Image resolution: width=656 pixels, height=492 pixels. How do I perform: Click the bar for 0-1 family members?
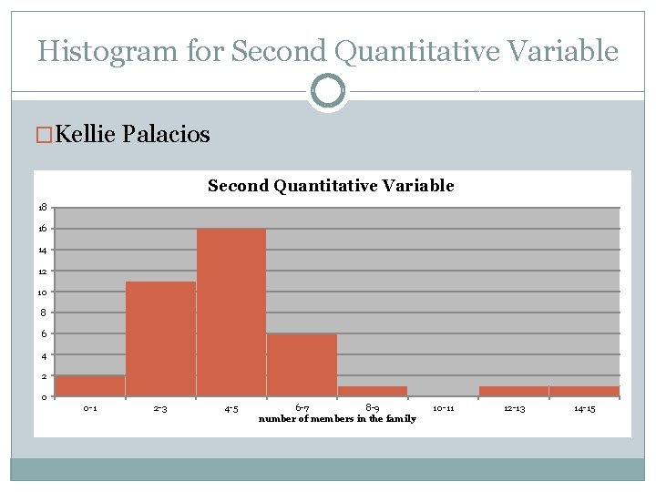(x=90, y=385)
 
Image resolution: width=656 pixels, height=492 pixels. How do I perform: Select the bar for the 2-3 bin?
(x=160, y=339)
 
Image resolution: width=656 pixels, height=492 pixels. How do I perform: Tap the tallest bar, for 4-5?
(x=231, y=312)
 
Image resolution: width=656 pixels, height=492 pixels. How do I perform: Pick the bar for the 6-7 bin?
(x=302, y=364)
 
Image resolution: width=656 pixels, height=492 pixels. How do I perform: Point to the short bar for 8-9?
(x=372, y=391)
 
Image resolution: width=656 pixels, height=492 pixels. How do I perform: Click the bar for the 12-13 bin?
(x=514, y=391)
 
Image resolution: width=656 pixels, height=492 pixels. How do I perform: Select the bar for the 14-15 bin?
(x=584, y=391)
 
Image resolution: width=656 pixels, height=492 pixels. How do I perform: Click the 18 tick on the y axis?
(x=43, y=208)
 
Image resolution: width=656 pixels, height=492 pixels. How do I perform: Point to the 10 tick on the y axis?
(x=43, y=292)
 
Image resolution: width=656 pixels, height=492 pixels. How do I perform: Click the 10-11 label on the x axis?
(x=444, y=409)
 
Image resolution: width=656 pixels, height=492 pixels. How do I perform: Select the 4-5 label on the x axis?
(x=231, y=409)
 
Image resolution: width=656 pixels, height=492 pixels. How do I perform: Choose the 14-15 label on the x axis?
(x=584, y=409)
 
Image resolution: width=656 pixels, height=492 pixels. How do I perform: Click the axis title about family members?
(x=337, y=419)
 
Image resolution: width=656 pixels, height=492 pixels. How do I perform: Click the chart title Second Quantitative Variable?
(x=331, y=186)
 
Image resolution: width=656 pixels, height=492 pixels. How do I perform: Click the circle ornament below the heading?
(x=327, y=91)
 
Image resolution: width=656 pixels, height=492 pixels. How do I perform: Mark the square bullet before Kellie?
(x=45, y=136)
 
